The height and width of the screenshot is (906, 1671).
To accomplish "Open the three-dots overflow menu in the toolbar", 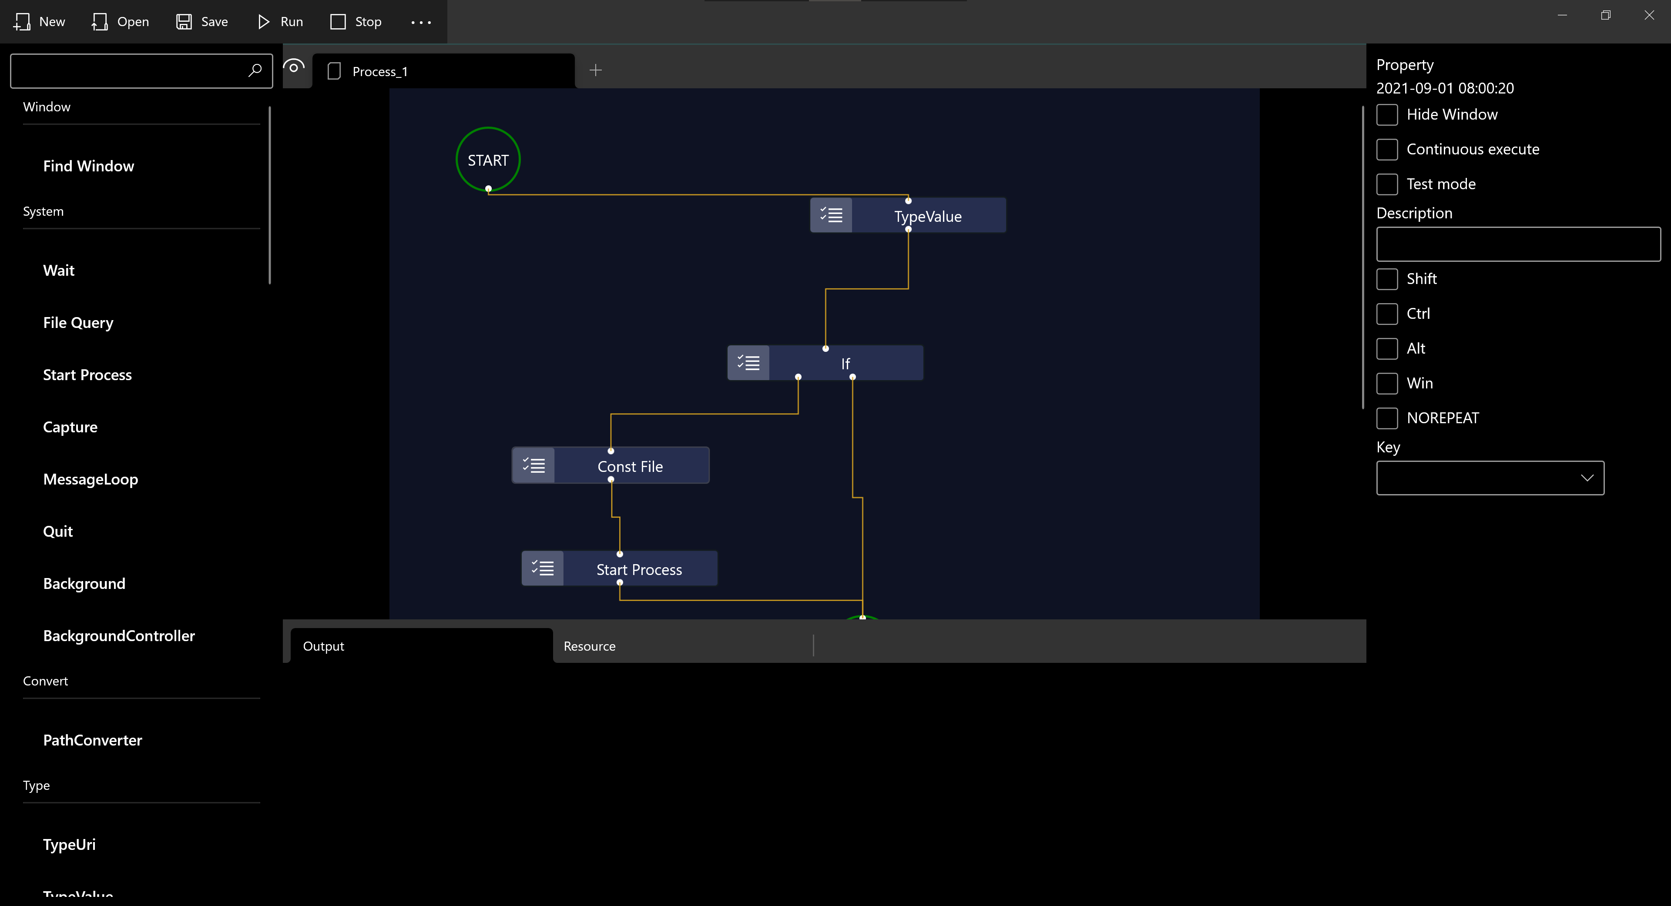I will click(x=421, y=23).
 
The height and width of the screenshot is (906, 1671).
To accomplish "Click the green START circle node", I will click(x=488, y=160).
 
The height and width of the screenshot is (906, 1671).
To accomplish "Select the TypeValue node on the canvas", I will click(x=928, y=216).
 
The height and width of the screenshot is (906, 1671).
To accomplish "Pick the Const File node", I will click(x=630, y=466).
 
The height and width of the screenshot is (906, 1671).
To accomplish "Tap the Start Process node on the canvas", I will click(x=639, y=569).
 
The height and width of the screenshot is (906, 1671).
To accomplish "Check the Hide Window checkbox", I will click(x=1387, y=115).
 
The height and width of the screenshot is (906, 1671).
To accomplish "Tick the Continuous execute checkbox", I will click(x=1387, y=150).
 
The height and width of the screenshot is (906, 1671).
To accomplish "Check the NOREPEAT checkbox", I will click(x=1387, y=418).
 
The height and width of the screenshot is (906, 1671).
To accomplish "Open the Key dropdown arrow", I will click(x=1587, y=478).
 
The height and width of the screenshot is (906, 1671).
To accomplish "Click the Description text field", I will click(x=1518, y=244).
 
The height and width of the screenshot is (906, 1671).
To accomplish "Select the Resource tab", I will click(x=590, y=646).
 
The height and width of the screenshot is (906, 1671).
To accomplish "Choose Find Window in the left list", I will click(x=89, y=167).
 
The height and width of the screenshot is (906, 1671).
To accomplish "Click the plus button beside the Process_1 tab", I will click(x=595, y=70).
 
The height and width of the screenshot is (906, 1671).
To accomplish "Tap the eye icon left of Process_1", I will click(x=294, y=67).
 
